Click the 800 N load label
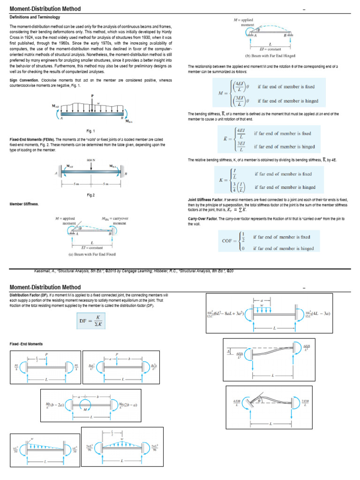click(x=91, y=161)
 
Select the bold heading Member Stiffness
click(x=24, y=204)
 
